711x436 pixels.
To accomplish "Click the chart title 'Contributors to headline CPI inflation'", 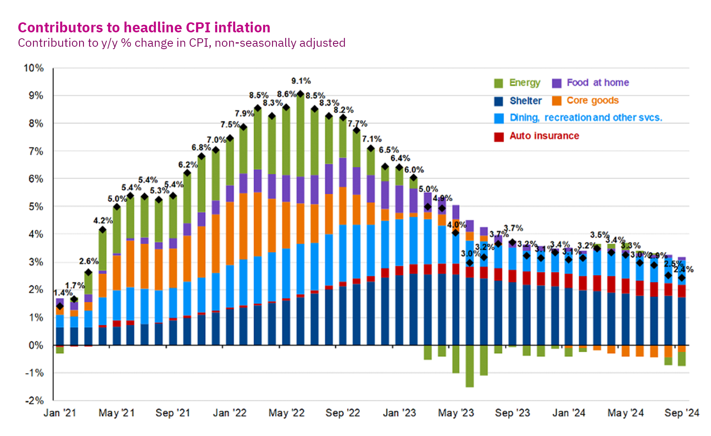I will (x=144, y=28).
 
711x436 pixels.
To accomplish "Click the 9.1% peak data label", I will (x=301, y=81).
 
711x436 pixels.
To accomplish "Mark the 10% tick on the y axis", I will (x=34, y=68).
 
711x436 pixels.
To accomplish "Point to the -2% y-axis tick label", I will (x=34, y=400).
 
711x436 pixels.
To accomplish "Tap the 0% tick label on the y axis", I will (x=36, y=345).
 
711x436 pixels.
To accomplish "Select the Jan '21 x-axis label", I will (x=60, y=413).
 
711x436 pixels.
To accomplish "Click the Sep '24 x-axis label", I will (x=681, y=413).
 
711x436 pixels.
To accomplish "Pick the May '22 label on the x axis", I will (x=286, y=413).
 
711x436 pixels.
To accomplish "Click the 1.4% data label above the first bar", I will (x=63, y=293).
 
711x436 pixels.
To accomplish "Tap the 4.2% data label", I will (x=103, y=221).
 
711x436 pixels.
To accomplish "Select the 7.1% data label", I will (x=372, y=139).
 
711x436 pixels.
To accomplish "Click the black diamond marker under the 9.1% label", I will (x=300, y=94).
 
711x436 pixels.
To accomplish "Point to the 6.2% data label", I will (x=188, y=165).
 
